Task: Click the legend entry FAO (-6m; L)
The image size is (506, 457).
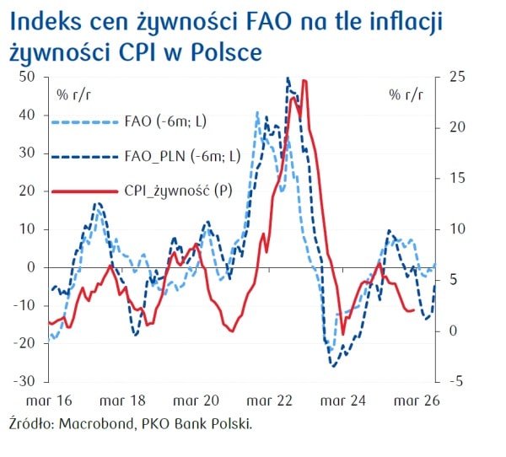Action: click(x=165, y=121)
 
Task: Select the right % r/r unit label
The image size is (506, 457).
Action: click(x=406, y=94)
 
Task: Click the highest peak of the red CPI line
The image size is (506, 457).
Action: click(x=304, y=81)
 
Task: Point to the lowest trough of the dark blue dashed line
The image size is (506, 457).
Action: click(x=333, y=366)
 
